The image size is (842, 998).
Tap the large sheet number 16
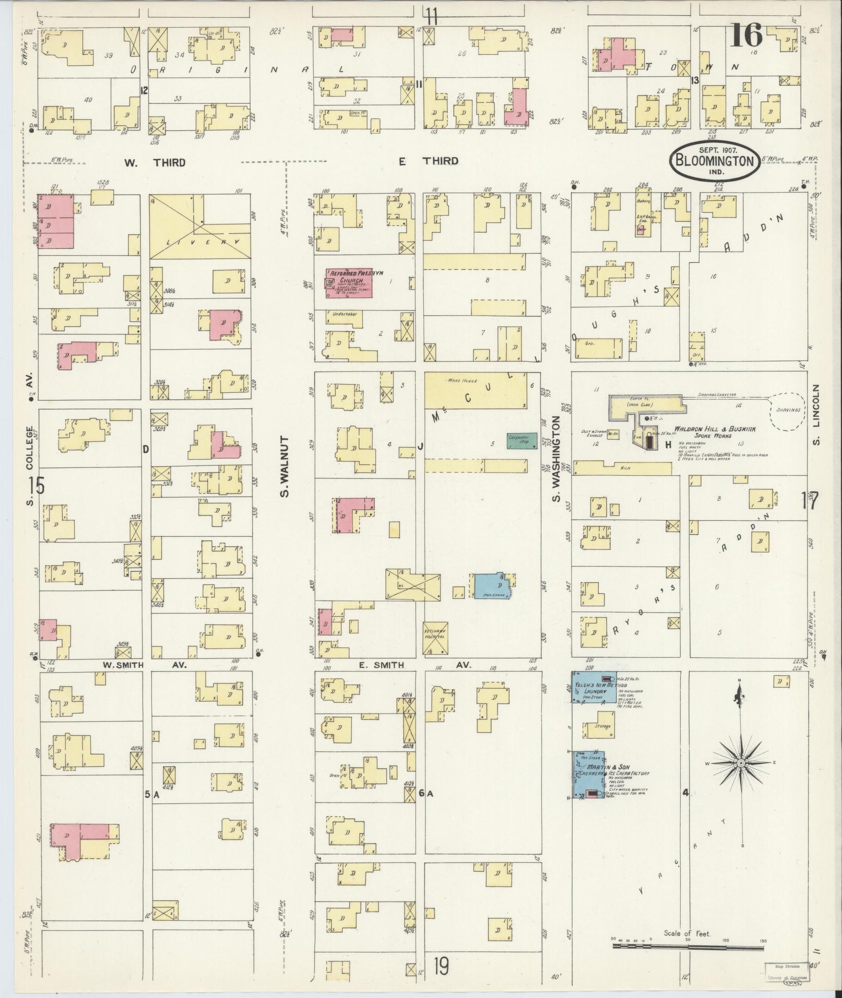[746, 35]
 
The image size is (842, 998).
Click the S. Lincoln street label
[817, 416]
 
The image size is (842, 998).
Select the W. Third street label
[155, 162]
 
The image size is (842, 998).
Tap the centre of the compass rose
[740, 763]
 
